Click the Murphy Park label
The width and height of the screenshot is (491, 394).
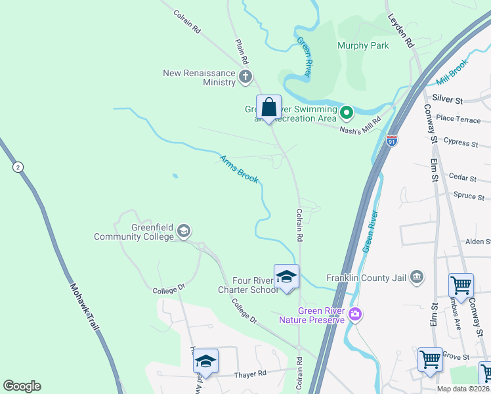[x=363, y=45]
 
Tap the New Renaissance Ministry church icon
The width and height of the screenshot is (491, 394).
[x=245, y=77]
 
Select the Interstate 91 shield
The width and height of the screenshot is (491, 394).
[x=392, y=141]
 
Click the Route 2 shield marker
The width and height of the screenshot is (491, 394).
[x=17, y=167]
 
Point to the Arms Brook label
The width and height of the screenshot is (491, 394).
[x=239, y=169]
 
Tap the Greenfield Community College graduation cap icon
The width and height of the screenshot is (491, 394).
[x=184, y=230]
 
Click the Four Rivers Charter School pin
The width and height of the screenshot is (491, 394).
[x=286, y=277]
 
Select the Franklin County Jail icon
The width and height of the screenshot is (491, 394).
[x=416, y=277]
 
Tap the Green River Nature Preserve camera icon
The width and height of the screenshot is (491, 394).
[x=355, y=315]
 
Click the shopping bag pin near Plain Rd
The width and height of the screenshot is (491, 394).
[x=268, y=107]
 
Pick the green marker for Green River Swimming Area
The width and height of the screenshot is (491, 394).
[x=347, y=114]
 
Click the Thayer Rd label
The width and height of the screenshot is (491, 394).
[x=250, y=374]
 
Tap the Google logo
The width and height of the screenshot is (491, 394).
[x=22, y=386]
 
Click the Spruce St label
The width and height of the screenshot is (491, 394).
[x=469, y=196]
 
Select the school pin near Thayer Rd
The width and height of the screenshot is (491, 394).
[x=205, y=361]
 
